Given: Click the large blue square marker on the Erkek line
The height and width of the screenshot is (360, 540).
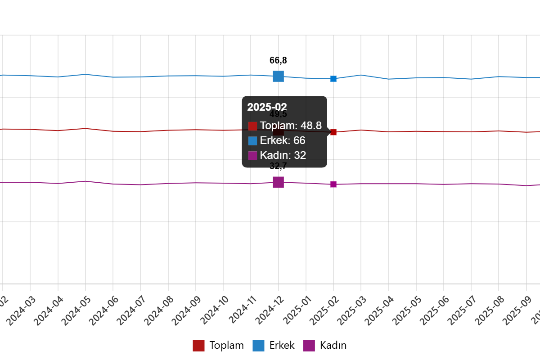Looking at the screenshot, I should (x=278, y=76).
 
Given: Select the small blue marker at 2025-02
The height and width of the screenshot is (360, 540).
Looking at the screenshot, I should (x=333, y=79).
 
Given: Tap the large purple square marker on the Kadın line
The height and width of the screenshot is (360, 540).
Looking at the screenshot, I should (x=278, y=182).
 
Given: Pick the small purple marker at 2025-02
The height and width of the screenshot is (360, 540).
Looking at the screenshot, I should (x=333, y=184).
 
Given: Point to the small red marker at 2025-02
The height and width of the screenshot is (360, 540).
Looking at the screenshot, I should (x=333, y=132).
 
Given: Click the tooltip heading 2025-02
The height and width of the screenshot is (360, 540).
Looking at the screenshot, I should (x=267, y=107).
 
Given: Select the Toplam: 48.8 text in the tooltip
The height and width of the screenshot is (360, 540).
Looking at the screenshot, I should (x=291, y=126).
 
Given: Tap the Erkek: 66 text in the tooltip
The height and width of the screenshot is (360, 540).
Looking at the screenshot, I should (x=283, y=140).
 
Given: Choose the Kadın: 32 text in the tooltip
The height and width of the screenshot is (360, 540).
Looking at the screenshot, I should (x=283, y=155).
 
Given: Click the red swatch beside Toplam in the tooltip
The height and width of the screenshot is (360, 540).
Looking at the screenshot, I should (x=252, y=126).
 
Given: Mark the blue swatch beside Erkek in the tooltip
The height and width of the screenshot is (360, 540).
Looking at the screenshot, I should (x=252, y=141).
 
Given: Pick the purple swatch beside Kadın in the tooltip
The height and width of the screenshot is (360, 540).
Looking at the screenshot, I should (x=252, y=156).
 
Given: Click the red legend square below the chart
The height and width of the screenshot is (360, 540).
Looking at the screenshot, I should (x=198, y=346).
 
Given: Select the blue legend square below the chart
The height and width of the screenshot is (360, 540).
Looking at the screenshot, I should (x=258, y=346).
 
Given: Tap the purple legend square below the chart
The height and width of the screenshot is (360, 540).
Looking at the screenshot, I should (x=309, y=346).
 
